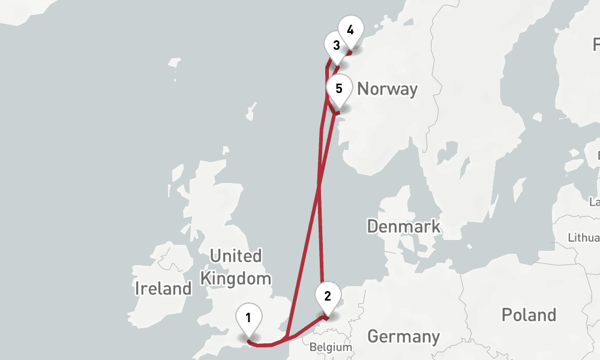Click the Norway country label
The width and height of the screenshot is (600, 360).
point(387,89)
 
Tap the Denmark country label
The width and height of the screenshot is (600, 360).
point(404,227)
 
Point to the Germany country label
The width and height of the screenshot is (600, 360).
point(404,337)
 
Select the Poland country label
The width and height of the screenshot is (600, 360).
point(529,315)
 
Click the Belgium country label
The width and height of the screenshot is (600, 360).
point(331,347)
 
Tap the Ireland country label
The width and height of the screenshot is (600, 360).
point(163,289)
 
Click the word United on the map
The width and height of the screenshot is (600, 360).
point(236,257)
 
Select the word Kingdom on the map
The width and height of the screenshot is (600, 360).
point(236,279)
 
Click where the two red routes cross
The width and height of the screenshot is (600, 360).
point(319,188)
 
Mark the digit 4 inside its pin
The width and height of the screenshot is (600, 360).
point(350,29)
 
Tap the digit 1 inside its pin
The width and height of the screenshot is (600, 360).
point(248,316)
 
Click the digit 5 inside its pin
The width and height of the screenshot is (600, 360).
point(339,89)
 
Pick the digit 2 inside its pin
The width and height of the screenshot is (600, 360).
point(328,296)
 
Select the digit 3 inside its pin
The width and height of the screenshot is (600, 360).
point(337,45)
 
